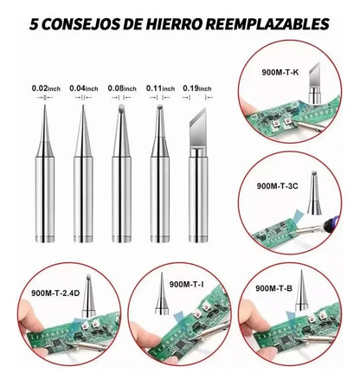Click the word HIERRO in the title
click(x=173, y=24)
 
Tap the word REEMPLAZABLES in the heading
click(x=267, y=24)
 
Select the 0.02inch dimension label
click(x=46, y=88)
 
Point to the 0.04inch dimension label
click(x=84, y=88)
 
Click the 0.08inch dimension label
click(x=122, y=88)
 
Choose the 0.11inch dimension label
click(x=160, y=88)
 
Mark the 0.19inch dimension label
click(x=197, y=88)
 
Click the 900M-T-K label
click(x=280, y=73)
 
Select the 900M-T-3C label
click(x=277, y=186)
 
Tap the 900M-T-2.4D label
click(x=55, y=293)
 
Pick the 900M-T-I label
click(x=186, y=285)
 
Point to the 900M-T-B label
click(x=273, y=288)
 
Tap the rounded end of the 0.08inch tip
click(x=121, y=108)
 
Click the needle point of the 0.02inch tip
click(x=45, y=106)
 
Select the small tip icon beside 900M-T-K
click(x=314, y=83)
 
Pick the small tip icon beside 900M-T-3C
click(x=314, y=193)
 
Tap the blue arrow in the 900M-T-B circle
click(x=292, y=317)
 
